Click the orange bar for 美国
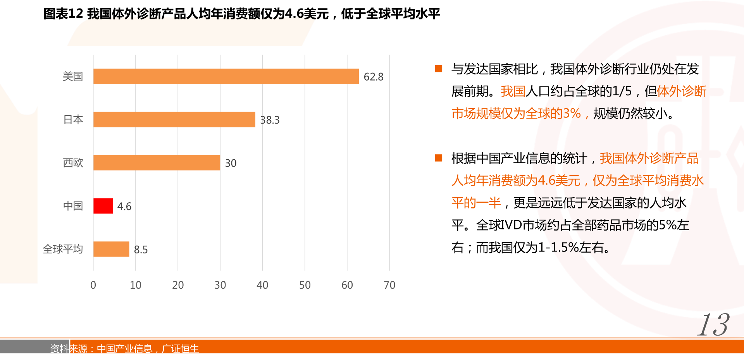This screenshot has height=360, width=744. (226, 76)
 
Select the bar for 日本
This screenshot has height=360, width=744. (174, 119)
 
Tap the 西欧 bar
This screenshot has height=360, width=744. (157, 163)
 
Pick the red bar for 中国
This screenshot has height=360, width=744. (103, 206)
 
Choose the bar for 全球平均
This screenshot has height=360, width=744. (111, 249)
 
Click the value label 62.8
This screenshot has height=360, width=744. (373, 77)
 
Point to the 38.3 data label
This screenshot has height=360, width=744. (270, 120)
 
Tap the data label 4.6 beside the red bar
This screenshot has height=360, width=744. (124, 206)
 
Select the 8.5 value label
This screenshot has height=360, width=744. (141, 250)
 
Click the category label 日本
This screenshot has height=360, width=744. (73, 119)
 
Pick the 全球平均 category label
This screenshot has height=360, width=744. (63, 249)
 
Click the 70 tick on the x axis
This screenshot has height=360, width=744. (389, 285)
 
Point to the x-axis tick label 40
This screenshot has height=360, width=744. (262, 285)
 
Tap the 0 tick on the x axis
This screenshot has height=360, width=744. (93, 285)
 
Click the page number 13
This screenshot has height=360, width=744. (713, 325)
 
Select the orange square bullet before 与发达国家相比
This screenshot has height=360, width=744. (439, 69)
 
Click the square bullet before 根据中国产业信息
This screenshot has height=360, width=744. (439, 158)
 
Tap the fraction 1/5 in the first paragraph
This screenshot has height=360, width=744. (622, 91)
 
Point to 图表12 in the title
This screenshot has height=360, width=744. (63, 14)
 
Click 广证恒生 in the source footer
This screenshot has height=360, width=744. (180, 349)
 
